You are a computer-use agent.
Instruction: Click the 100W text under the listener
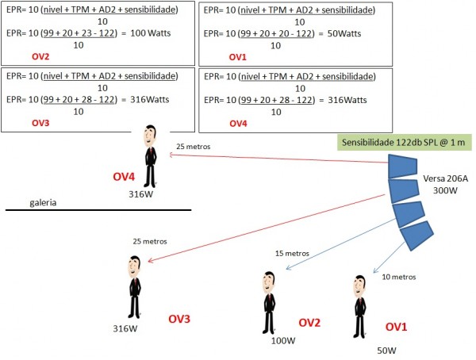(x=282, y=341)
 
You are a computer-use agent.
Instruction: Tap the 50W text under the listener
(x=386, y=350)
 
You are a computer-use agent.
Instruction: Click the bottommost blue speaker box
(x=417, y=235)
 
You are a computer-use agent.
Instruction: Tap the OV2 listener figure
(x=269, y=301)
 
